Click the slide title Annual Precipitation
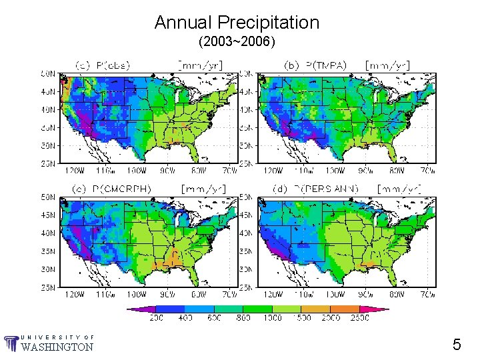[237, 23]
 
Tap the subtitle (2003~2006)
[237, 42]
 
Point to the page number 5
[457, 345]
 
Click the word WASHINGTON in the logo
[57, 347]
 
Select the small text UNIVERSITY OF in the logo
[57, 337]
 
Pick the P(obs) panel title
[103, 65]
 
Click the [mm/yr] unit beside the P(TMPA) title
[387, 65]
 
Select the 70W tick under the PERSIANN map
[427, 293]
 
